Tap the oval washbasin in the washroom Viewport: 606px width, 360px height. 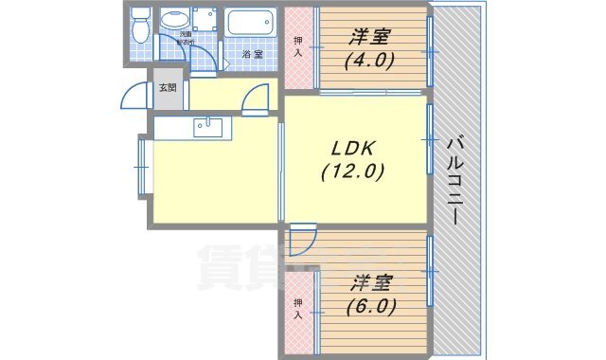coord(174,19)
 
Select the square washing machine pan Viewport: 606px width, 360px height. coord(205,19)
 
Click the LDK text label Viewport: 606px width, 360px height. coord(349,149)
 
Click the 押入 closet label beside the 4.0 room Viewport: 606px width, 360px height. coord(298,46)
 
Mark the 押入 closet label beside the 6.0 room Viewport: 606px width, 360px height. coord(298,308)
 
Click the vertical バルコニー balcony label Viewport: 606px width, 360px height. coord(454,179)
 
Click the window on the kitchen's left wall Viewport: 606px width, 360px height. coord(142,167)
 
